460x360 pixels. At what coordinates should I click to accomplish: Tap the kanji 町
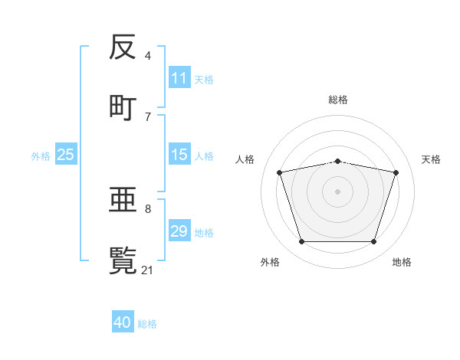[123, 106]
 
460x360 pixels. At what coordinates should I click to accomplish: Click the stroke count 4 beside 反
[148, 56]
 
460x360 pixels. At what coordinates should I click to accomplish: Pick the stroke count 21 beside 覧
[148, 270]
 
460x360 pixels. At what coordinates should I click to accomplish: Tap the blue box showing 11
[179, 78]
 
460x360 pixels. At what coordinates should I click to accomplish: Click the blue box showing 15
[179, 155]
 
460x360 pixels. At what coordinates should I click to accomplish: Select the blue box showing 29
[179, 231]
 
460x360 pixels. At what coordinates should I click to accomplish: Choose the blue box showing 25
[66, 155]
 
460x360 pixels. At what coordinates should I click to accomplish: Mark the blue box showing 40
[123, 322]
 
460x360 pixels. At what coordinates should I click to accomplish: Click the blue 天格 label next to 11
[204, 79]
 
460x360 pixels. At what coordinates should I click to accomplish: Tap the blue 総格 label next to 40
[147, 324]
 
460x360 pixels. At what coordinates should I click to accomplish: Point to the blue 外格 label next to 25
[41, 155]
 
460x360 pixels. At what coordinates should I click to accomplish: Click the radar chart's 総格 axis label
[338, 100]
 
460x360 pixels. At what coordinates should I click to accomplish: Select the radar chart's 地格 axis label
[402, 262]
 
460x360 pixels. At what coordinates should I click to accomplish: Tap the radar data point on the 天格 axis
[396, 172]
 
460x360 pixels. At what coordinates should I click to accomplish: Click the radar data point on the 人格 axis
[280, 172]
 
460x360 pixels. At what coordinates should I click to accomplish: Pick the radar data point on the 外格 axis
[302, 241]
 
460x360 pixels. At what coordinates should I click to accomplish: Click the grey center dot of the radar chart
[338, 191]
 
